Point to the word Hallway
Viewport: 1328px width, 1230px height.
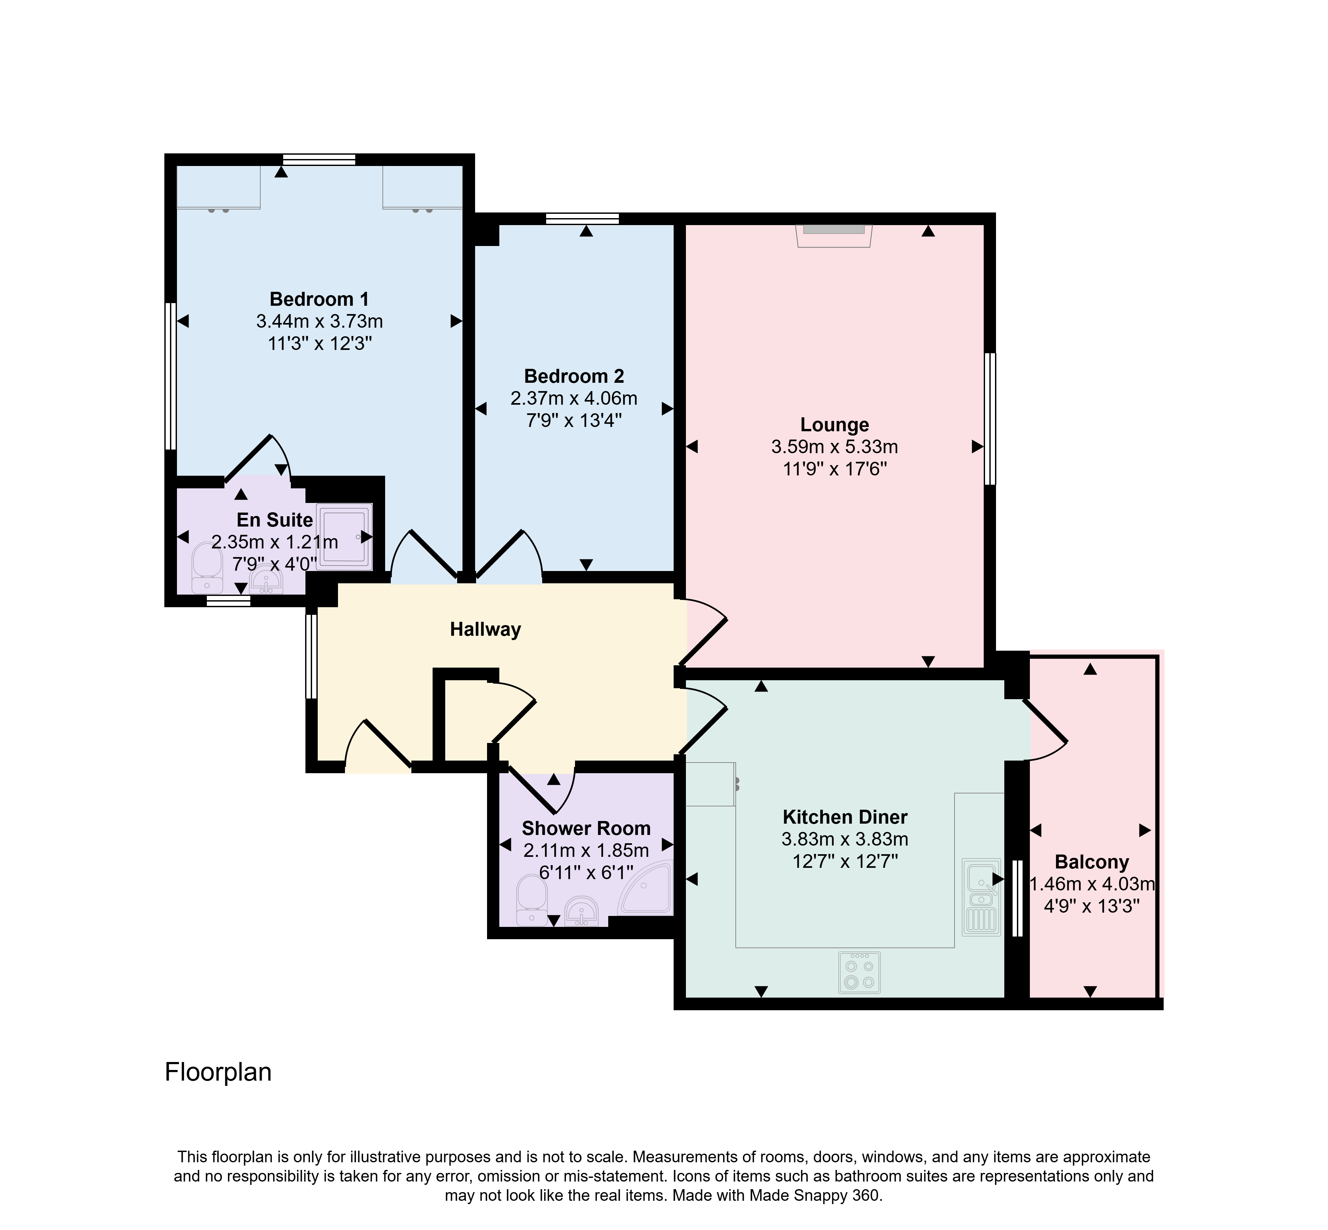(x=485, y=630)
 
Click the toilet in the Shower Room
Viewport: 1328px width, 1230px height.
(x=532, y=900)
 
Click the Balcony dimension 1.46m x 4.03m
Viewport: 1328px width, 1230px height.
(x=1092, y=884)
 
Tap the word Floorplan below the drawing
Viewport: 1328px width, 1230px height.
(x=218, y=1072)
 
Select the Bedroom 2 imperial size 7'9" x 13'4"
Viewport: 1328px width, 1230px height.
(x=574, y=421)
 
